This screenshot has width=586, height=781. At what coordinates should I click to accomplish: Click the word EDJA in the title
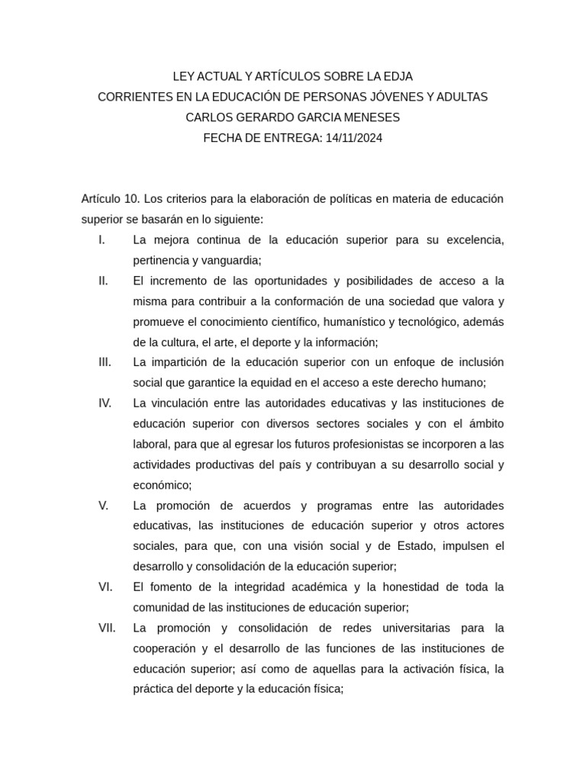point(398,76)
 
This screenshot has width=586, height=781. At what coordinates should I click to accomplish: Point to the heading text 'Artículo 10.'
point(111,199)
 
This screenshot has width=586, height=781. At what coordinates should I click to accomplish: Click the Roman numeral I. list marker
point(102,239)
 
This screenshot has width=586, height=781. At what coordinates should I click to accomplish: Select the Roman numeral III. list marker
point(105,362)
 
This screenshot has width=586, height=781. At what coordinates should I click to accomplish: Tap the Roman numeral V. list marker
point(104,506)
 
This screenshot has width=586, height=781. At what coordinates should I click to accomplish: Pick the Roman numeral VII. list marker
point(107,628)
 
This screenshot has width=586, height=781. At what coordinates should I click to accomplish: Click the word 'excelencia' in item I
point(475,239)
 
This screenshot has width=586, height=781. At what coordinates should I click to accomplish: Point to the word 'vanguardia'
point(230,260)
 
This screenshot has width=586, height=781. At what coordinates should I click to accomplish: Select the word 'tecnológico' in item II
point(424,321)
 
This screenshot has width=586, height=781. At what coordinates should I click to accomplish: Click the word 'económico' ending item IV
point(161,485)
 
